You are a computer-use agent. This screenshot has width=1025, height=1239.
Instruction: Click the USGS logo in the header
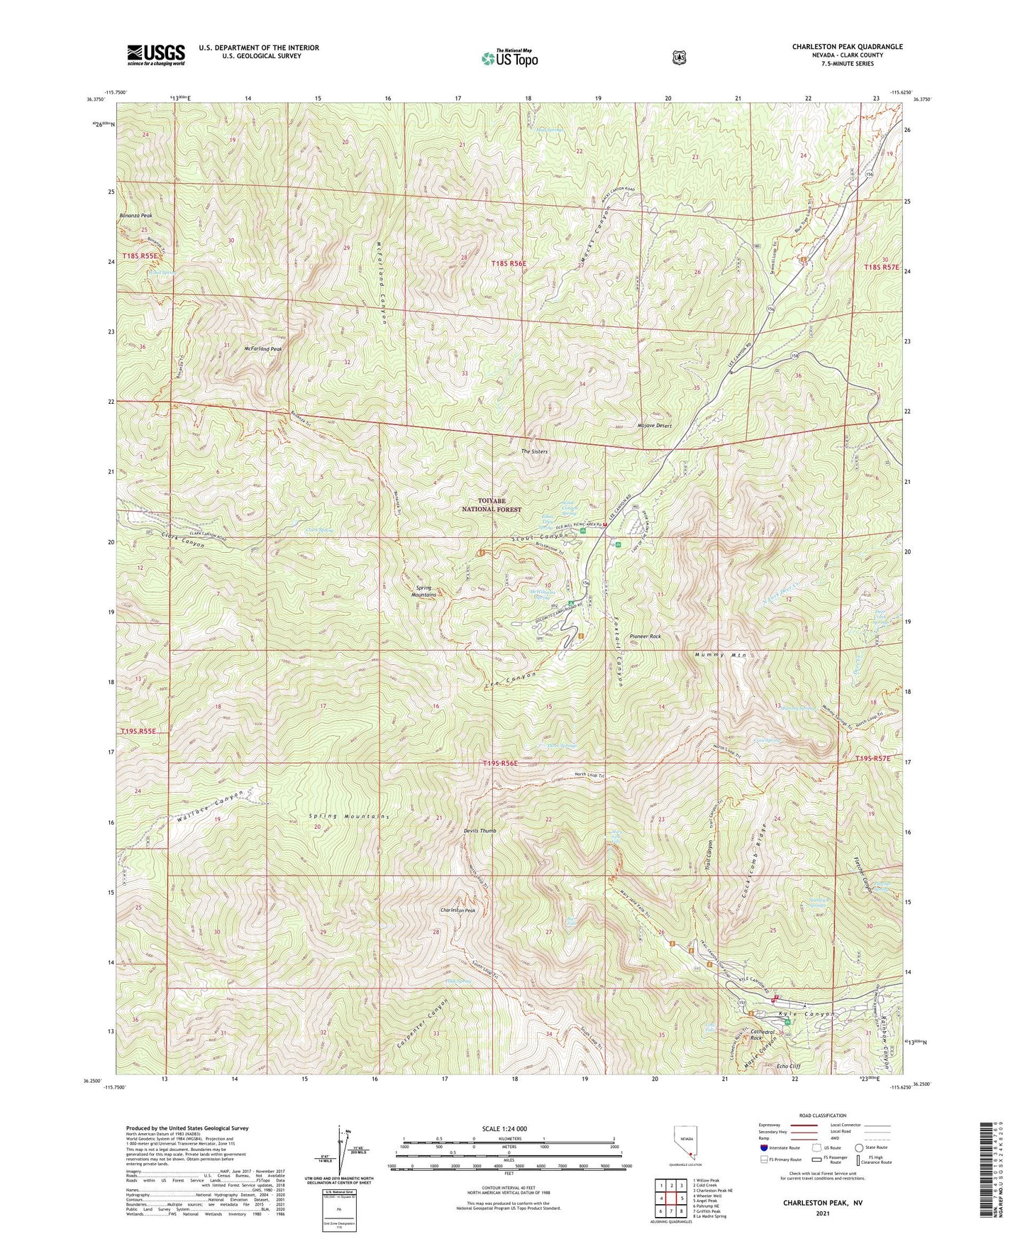[156, 55]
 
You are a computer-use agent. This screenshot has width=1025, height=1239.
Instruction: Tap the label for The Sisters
[534, 451]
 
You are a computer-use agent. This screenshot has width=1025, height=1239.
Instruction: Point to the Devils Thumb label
[479, 830]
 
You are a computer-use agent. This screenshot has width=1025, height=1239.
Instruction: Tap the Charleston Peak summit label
[458, 910]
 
